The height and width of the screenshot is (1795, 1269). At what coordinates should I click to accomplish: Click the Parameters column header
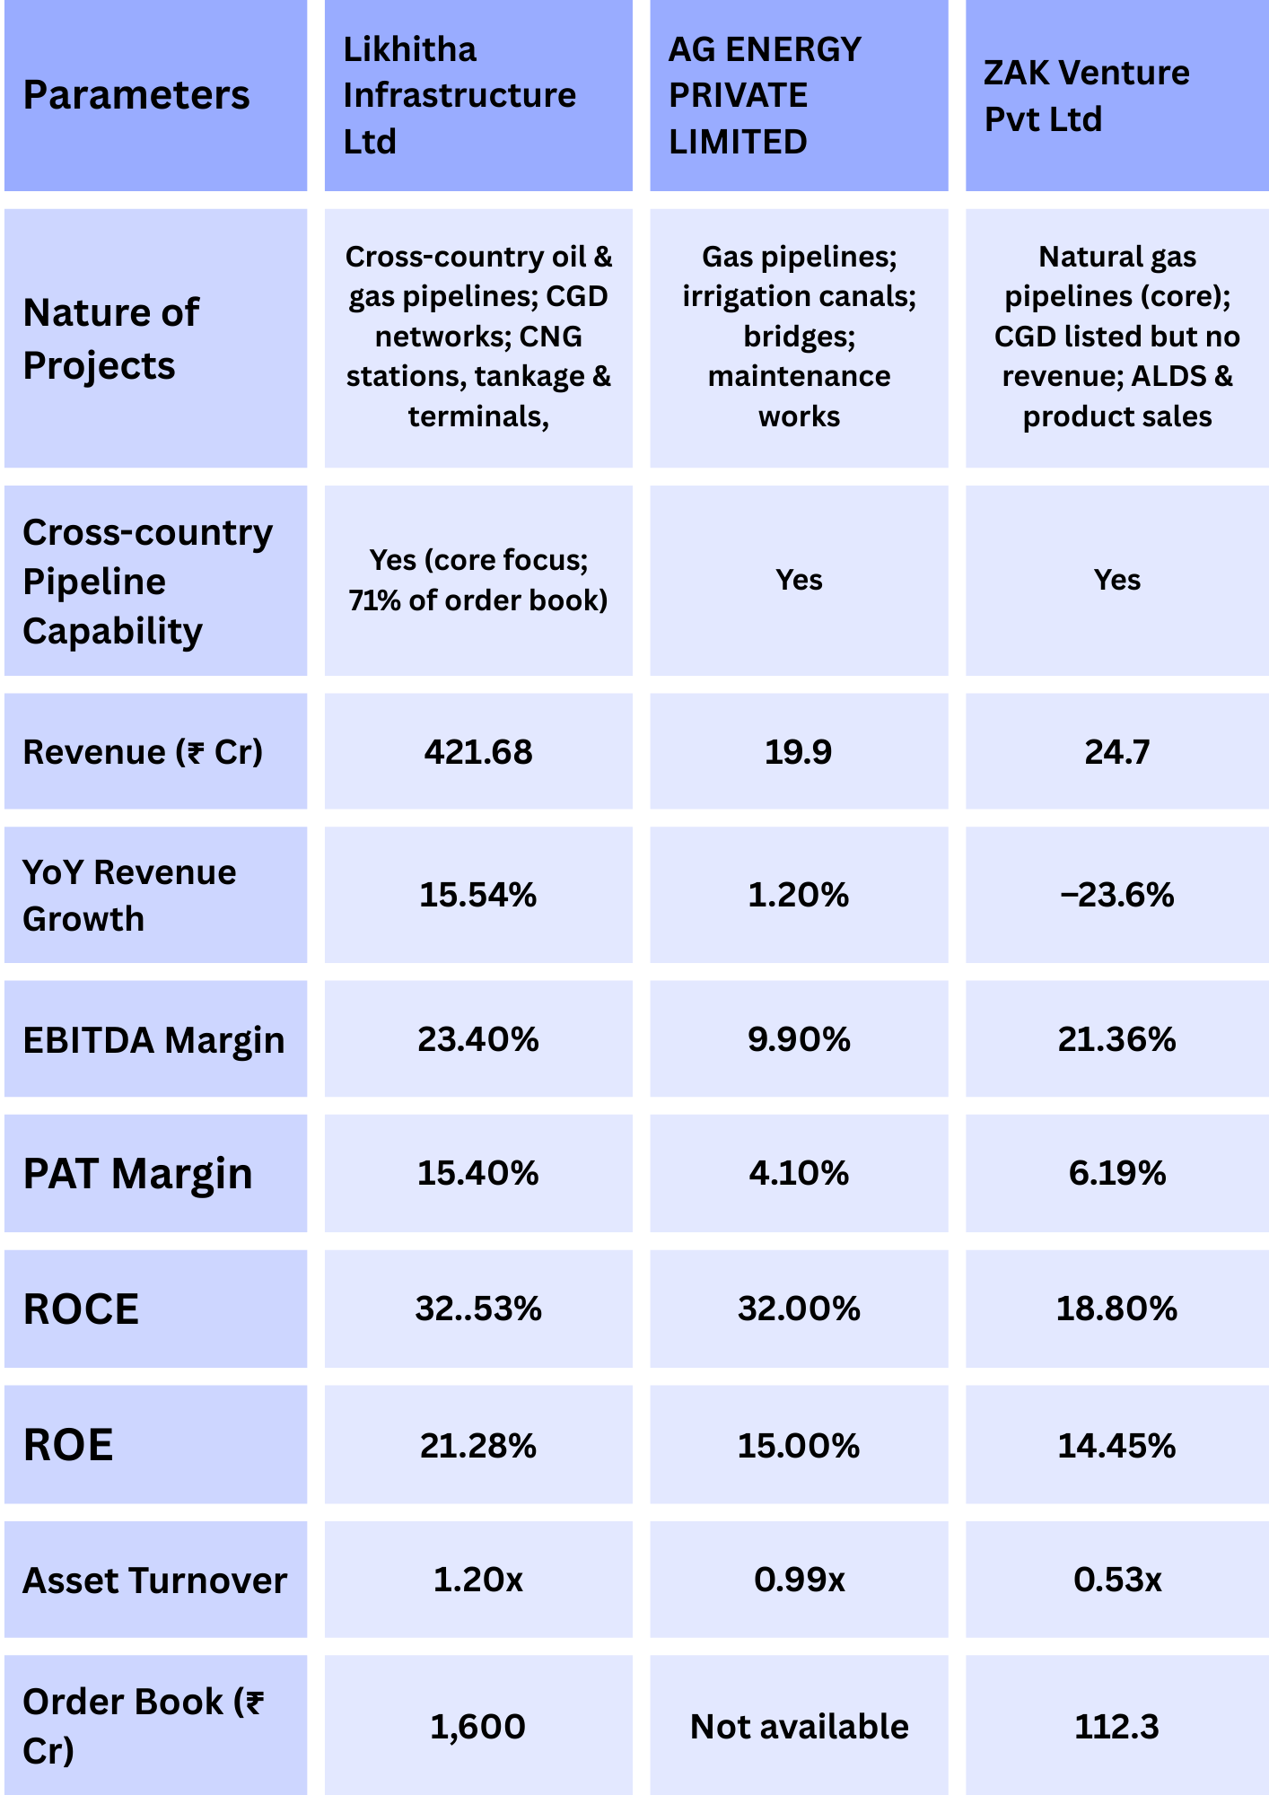pyautogui.click(x=136, y=95)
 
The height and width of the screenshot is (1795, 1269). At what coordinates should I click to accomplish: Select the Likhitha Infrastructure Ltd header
pyautogui.click(x=459, y=95)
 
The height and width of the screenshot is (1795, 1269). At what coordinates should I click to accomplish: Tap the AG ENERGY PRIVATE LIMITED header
pyautogui.click(x=765, y=95)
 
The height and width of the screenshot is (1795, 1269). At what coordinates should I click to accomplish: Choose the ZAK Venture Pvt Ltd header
pyautogui.click(x=1086, y=95)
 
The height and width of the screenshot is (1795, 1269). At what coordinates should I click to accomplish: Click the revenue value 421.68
pyautogui.click(x=478, y=752)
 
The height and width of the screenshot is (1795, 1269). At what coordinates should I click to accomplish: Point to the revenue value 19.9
pyautogui.click(x=798, y=752)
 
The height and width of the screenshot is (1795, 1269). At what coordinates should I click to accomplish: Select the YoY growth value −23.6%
pyautogui.click(x=1117, y=895)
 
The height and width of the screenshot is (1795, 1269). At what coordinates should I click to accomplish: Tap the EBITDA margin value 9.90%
pyautogui.click(x=799, y=1039)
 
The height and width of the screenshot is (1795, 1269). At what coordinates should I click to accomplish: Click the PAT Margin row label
pyautogui.click(x=138, y=1174)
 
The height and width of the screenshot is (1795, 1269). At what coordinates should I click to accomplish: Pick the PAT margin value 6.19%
pyautogui.click(x=1117, y=1173)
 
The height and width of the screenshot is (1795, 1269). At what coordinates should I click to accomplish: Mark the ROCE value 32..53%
pyautogui.click(x=478, y=1309)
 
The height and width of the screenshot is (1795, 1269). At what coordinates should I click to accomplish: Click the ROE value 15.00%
pyautogui.click(x=799, y=1446)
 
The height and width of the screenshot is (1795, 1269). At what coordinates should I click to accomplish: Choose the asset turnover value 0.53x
pyautogui.click(x=1117, y=1580)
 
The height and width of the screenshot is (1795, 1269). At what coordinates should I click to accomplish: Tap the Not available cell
pyautogui.click(x=799, y=1727)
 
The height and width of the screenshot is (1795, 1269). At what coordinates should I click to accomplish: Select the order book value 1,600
pyautogui.click(x=478, y=1727)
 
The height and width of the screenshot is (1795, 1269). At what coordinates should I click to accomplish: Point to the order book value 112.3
pyautogui.click(x=1117, y=1727)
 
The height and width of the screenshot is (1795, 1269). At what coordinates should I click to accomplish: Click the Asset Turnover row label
pyautogui.click(x=155, y=1580)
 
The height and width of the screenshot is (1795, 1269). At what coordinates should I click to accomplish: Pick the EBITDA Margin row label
pyautogui.click(x=153, y=1040)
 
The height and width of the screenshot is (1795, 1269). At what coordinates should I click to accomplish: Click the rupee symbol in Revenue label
pyautogui.click(x=194, y=752)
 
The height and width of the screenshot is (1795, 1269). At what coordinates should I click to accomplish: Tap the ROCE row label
pyautogui.click(x=82, y=1309)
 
